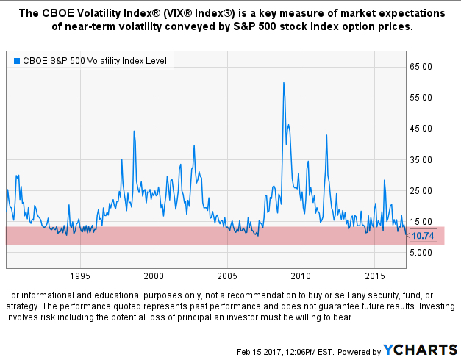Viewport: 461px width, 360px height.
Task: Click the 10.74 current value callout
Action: [x=424, y=236]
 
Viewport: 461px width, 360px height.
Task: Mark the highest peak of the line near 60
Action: [x=284, y=83]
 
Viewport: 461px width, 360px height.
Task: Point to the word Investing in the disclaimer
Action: [x=431, y=305]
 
